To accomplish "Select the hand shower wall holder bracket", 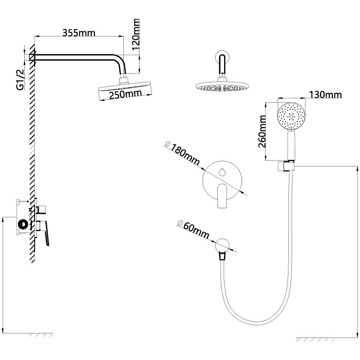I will (285, 166).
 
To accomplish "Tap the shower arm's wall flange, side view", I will (32, 57).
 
